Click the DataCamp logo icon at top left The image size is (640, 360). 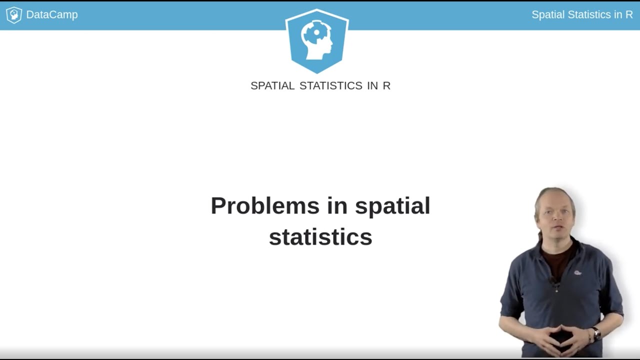13,15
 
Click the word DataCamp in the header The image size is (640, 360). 51,15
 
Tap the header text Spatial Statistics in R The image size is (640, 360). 582,15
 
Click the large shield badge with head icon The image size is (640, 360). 317,40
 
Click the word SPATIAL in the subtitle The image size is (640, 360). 272,85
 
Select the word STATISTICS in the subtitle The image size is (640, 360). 330,85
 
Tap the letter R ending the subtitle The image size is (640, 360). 386,85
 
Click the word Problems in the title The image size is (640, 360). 264,205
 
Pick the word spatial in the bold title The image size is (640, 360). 392,205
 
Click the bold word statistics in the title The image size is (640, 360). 320,236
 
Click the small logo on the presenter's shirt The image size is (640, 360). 577,272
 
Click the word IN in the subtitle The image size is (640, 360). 372,85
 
